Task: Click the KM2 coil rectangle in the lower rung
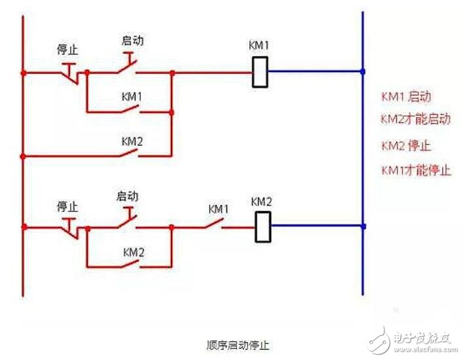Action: click(263, 227)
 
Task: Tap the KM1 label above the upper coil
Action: click(259, 46)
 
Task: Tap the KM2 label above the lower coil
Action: click(261, 202)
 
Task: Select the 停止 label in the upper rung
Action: click(68, 50)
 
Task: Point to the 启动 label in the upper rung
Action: click(132, 41)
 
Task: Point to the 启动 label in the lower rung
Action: click(127, 196)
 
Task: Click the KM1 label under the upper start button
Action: click(132, 96)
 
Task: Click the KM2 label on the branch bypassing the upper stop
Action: click(132, 140)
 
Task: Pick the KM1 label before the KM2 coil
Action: click(219, 209)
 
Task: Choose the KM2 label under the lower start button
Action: click(134, 251)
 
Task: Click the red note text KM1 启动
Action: click(406, 97)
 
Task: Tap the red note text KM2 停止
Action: click(406, 145)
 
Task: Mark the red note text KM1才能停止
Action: click(416, 170)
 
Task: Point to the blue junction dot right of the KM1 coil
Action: click(363, 71)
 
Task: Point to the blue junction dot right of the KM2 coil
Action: click(363, 226)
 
